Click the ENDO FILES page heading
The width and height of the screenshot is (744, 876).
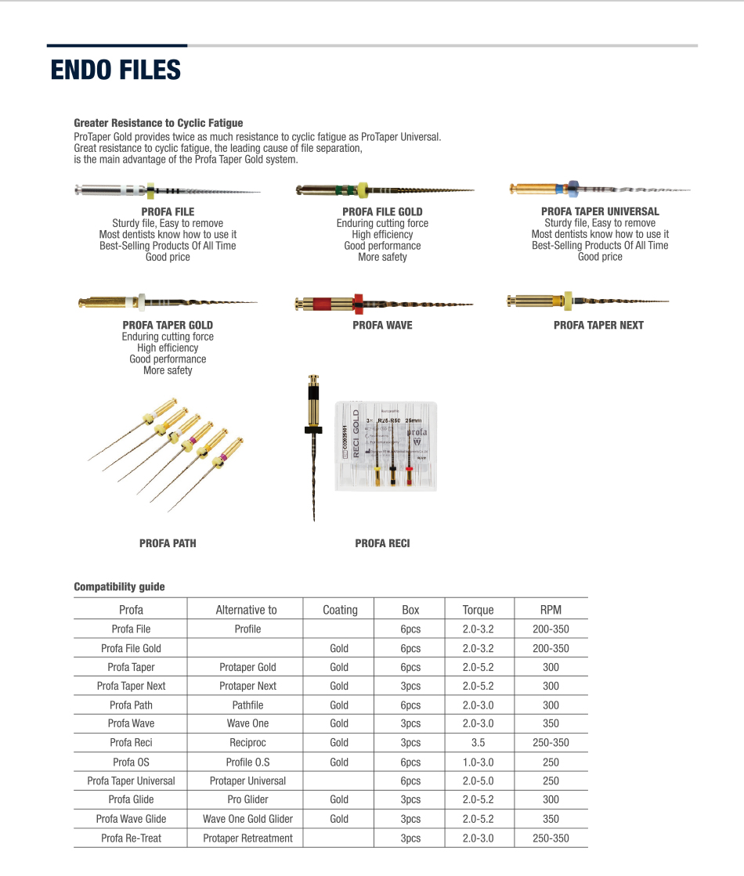pyautogui.click(x=115, y=70)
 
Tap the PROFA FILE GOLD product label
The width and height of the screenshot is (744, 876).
pyautogui.click(x=382, y=211)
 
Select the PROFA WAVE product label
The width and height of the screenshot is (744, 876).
pyautogui.click(x=382, y=325)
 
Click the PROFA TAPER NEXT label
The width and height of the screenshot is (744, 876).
pyautogui.click(x=598, y=325)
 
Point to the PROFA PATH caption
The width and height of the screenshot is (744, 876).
pyautogui.click(x=168, y=543)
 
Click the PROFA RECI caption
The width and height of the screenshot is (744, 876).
pyautogui.click(x=382, y=543)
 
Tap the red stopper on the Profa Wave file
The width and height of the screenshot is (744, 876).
pyautogui.click(x=358, y=303)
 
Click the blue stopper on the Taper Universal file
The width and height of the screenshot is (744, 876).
pyautogui.click(x=572, y=187)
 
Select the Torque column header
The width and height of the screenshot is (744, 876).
pyautogui.click(x=478, y=610)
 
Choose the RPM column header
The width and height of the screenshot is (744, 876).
pyautogui.click(x=551, y=610)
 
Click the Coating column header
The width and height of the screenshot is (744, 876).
pyautogui.click(x=340, y=610)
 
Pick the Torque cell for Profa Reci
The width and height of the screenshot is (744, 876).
pyautogui.click(x=478, y=743)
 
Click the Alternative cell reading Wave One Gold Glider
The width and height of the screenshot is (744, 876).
pyautogui.click(x=247, y=819)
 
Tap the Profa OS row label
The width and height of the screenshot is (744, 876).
pyautogui.click(x=131, y=762)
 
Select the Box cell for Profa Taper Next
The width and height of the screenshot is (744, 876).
pyautogui.click(x=410, y=686)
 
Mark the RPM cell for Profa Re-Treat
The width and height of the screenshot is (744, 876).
pyautogui.click(x=551, y=838)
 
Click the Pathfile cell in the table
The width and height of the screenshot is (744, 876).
pyautogui.click(x=247, y=705)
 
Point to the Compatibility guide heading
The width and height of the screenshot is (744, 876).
pyautogui.click(x=119, y=586)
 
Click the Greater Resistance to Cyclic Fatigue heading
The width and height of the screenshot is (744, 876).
pyautogui.click(x=158, y=123)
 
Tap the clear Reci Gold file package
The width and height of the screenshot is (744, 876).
pyautogui.click(x=386, y=446)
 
